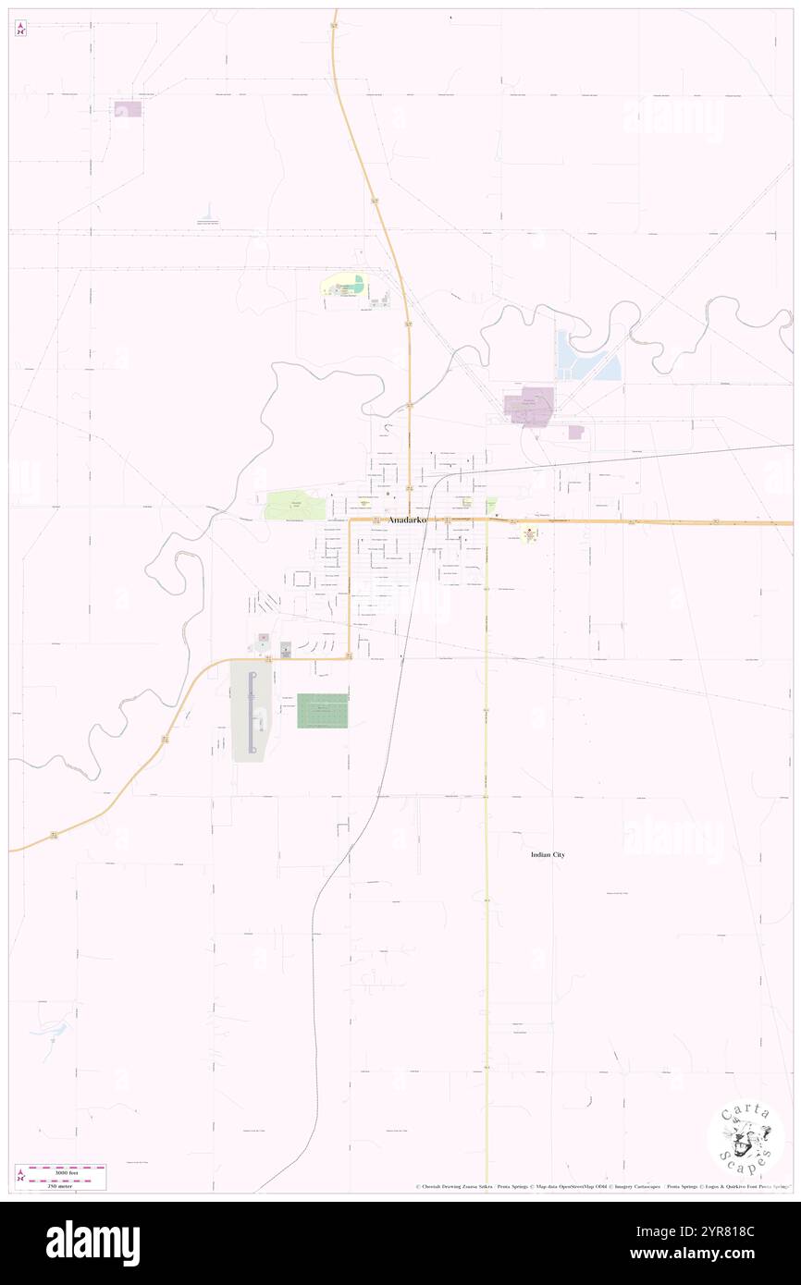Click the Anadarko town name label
(408, 520)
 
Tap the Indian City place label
(548, 855)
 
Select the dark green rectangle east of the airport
(322, 711)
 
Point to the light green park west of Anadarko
(295, 506)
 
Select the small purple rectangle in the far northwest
(128, 109)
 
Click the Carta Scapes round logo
(746, 1139)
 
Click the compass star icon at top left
(20, 29)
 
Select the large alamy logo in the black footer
(92, 1243)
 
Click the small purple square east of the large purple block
(576, 432)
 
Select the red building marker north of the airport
(263, 637)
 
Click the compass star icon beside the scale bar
(20, 1175)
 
